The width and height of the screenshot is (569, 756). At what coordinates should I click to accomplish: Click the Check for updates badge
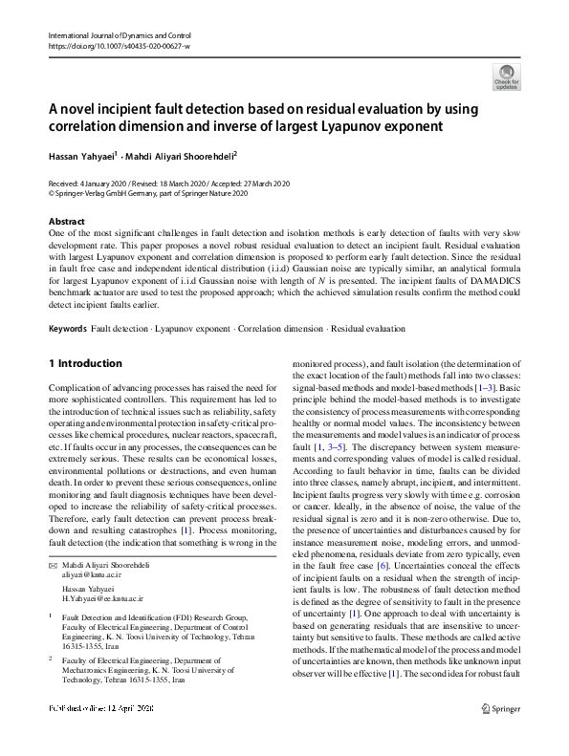coord(506,76)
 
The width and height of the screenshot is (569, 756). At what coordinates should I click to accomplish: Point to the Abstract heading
coord(66,222)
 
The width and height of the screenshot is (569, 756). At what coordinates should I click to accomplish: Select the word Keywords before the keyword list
coord(66,328)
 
